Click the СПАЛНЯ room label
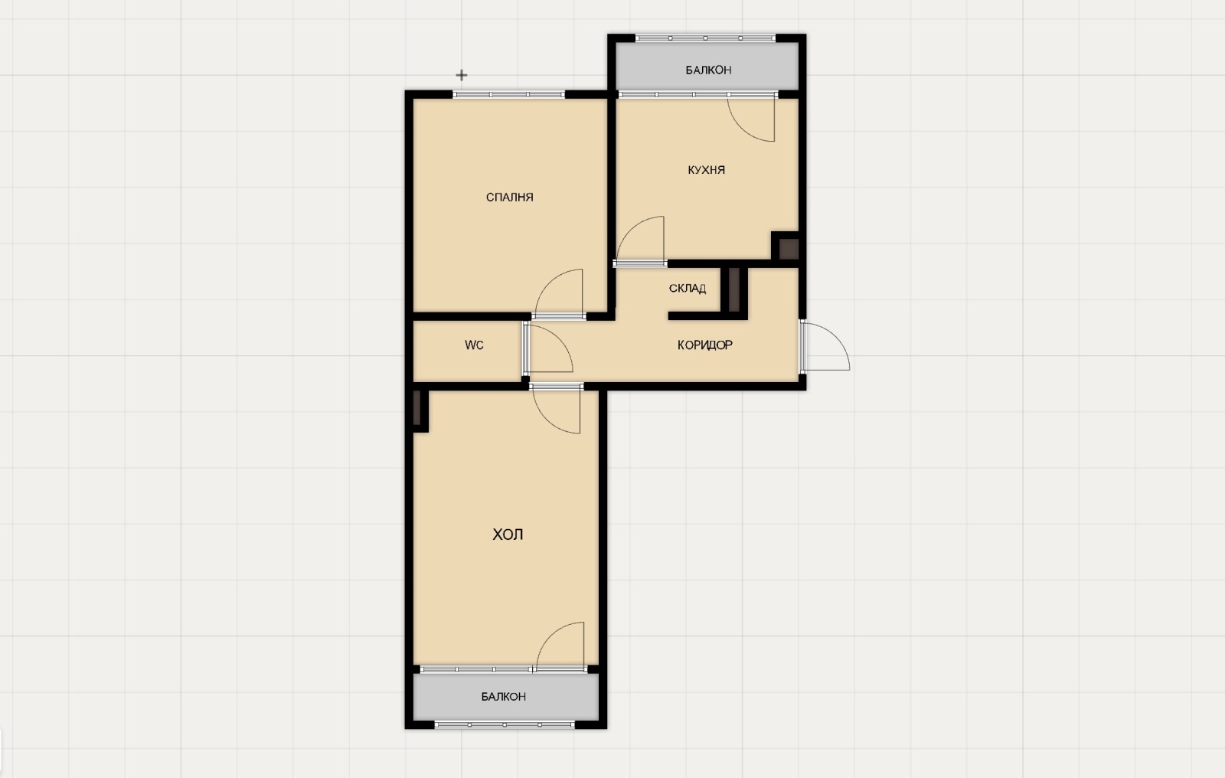(x=509, y=197)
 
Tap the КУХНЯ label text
(x=706, y=170)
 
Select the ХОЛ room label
(x=508, y=534)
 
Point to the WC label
(x=474, y=345)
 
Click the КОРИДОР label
(x=705, y=345)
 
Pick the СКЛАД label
(x=688, y=289)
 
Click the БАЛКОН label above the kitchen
(x=708, y=70)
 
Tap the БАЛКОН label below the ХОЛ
(x=504, y=697)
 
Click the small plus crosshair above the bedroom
(x=462, y=75)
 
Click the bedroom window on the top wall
(x=508, y=95)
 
